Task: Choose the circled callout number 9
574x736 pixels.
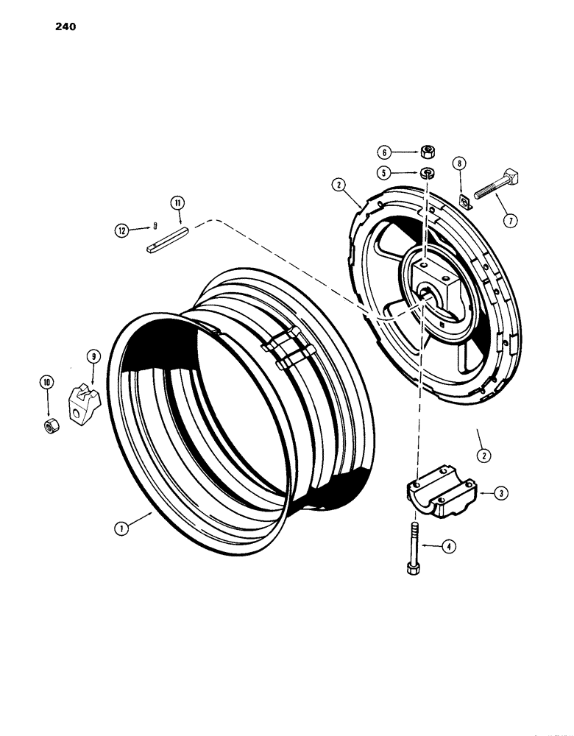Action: coord(93,357)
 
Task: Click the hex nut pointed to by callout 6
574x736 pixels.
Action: coord(428,152)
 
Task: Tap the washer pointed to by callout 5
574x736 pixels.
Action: coord(428,174)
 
